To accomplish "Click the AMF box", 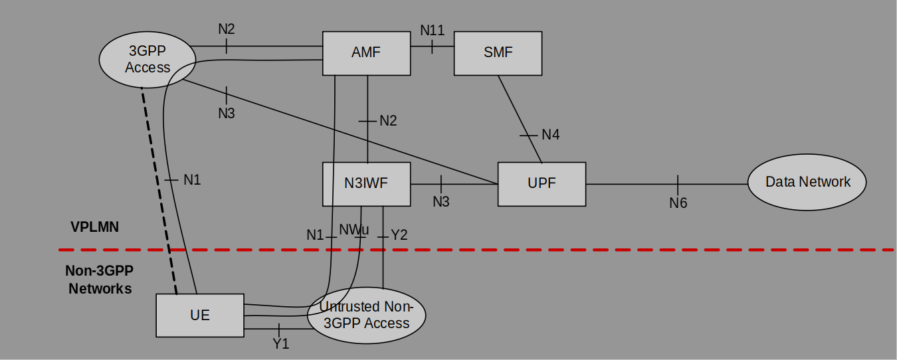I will [366, 52].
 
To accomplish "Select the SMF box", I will [498, 52].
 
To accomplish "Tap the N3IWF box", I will [366, 184].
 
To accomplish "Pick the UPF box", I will [542, 184].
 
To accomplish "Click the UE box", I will [199, 315].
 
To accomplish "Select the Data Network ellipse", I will [807, 182].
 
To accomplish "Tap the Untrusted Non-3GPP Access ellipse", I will [366, 315].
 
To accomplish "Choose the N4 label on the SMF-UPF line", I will [550, 135].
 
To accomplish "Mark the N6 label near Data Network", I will [678, 203].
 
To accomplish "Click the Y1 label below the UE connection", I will [280, 344].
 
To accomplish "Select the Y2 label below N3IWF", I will [399, 234].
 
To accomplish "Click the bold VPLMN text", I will [94, 226].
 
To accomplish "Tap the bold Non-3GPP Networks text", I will [100, 280].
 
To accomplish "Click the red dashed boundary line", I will [598, 250].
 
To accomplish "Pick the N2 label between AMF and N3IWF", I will [388, 121].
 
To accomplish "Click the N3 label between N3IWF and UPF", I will [441, 202].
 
